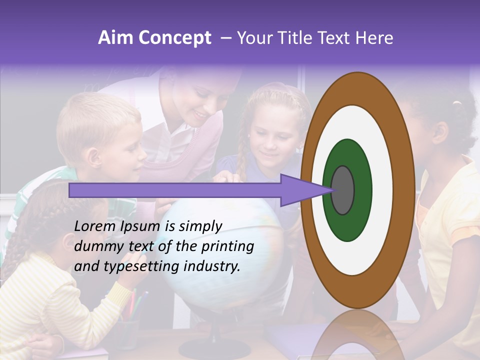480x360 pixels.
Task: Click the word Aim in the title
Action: point(115,38)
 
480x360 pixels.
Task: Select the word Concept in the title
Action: point(174,38)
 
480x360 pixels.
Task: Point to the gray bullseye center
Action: point(343,190)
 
